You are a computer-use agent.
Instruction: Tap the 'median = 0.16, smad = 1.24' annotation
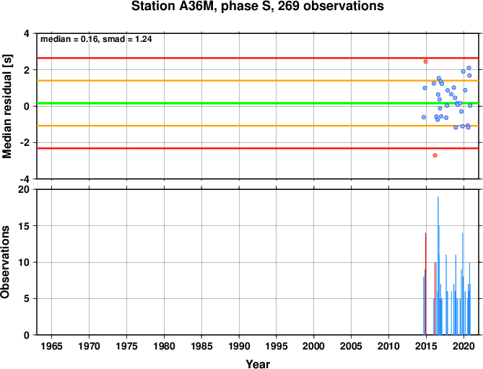click(x=96, y=39)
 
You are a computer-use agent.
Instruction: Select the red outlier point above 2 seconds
click(x=425, y=61)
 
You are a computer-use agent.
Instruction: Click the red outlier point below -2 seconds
click(x=435, y=155)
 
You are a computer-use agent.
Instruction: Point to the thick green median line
click(x=258, y=103)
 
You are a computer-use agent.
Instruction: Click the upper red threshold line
click(x=258, y=58)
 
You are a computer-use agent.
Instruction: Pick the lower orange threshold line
click(x=258, y=126)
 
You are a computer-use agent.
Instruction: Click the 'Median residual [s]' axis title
click(x=6, y=106)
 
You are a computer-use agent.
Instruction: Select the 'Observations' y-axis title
click(x=6, y=261)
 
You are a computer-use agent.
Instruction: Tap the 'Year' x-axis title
click(x=258, y=364)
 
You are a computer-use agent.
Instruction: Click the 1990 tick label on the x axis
click(x=239, y=346)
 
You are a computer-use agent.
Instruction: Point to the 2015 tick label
click(x=426, y=346)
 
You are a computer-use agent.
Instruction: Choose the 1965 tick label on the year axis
click(x=51, y=346)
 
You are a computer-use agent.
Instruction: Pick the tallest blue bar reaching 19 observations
click(x=438, y=266)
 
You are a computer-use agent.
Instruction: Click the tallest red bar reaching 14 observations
click(x=426, y=284)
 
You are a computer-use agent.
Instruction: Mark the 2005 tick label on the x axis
click(x=351, y=346)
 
